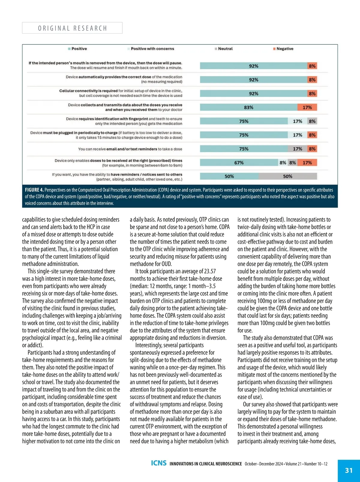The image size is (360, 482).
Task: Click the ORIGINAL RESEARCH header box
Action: pyautogui.click(x=72, y=28)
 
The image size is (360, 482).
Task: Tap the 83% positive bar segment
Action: pyautogui.click(x=249, y=107)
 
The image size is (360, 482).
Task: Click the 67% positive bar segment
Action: pyautogui.click(x=239, y=163)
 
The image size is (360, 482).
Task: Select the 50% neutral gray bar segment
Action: pyautogui.click(x=287, y=176)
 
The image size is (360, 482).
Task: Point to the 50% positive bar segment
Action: pyautogui.click(x=229, y=176)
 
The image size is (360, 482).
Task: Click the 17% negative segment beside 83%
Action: pyautogui.click(x=307, y=107)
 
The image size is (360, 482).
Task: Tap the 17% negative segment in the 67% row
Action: pyautogui.click(x=307, y=163)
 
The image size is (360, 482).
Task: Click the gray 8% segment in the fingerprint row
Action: pyautogui.click(x=312, y=121)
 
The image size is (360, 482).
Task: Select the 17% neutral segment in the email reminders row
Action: pyautogui.click(x=298, y=149)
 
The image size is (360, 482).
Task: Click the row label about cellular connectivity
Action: pyautogui.click(x=121, y=93)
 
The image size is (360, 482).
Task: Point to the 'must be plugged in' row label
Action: pyautogui.click(x=106, y=135)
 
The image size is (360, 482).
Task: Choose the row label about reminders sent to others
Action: pyautogui.click(x=117, y=177)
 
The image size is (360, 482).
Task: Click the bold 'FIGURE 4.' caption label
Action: pyautogui.click(x=34, y=190)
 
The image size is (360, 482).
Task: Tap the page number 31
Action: pyautogui.click(x=349, y=470)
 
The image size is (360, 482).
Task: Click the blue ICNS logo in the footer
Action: pyautogui.click(x=159, y=463)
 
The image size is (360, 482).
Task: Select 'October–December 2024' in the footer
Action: pyautogui.click(x=264, y=464)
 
